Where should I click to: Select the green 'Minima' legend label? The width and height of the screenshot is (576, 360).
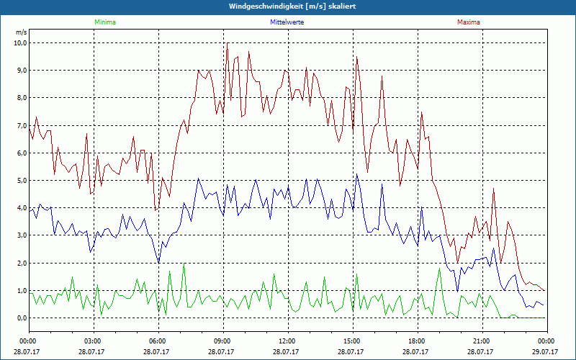click(x=105, y=22)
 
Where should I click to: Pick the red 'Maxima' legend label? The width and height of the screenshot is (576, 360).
click(x=468, y=22)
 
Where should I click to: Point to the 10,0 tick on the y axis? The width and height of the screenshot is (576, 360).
click(x=19, y=42)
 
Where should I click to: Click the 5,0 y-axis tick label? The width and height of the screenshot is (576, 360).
click(x=21, y=180)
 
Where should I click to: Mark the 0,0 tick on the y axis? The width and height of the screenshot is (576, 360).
click(x=21, y=318)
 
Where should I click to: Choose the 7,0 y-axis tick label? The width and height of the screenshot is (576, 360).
click(x=21, y=125)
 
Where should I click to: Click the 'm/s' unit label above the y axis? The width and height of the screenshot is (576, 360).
click(x=21, y=32)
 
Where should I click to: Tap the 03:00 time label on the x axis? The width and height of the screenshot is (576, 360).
click(x=93, y=341)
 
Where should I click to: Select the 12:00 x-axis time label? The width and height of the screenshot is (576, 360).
click(x=287, y=341)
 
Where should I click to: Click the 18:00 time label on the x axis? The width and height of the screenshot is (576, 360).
click(x=417, y=341)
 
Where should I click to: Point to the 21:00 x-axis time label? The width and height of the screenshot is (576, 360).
click(x=482, y=341)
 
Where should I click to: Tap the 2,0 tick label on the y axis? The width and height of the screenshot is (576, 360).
click(x=21, y=263)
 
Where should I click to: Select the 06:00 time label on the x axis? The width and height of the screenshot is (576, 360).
click(x=158, y=341)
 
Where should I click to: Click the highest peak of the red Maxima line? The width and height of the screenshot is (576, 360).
click(x=228, y=44)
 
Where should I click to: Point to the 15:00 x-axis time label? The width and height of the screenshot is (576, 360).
click(x=352, y=341)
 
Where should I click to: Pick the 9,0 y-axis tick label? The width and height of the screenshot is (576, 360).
click(x=21, y=70)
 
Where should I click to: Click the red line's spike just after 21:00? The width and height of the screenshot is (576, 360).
click(x=494, y=189)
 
